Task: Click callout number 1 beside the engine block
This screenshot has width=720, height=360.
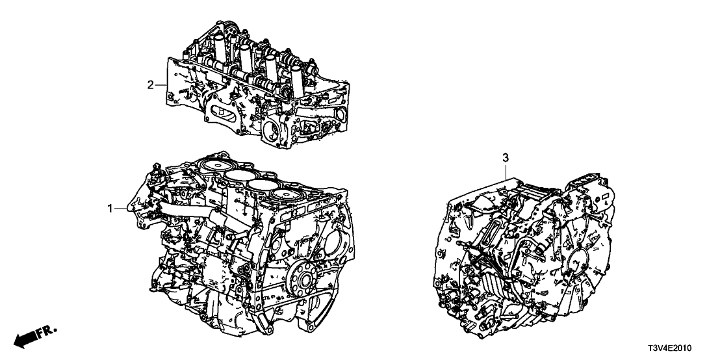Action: [110, 209]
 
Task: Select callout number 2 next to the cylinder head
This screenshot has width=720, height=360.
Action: [150, 85]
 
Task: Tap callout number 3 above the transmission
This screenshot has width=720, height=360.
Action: [505, 158]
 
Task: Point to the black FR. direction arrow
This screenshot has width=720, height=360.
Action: [26, 339]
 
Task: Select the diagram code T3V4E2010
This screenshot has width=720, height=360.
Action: [670, 349]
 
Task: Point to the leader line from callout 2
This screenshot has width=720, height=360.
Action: [161, 85]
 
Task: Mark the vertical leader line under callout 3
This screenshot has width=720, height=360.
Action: [506, 172]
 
